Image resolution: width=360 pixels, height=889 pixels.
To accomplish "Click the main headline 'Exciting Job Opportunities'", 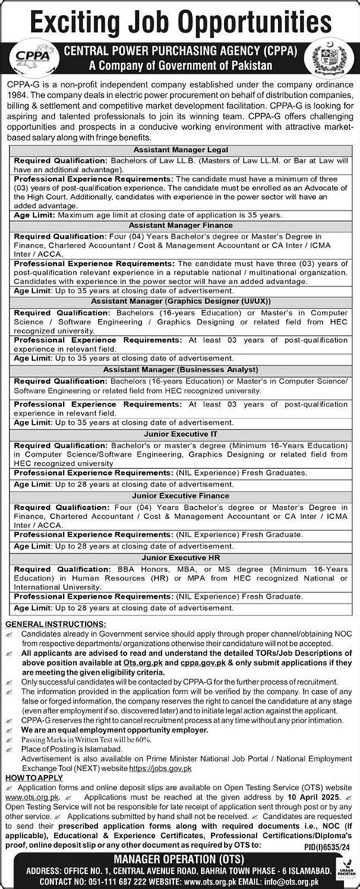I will coord(180,17).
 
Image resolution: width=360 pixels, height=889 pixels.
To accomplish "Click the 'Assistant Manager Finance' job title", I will coord(180,225).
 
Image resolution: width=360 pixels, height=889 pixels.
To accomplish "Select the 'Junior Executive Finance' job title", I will coord(180,495).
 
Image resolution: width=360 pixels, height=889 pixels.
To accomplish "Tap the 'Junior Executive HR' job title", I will coord(180,558).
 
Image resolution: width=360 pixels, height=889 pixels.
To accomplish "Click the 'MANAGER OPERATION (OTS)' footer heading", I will coord(180,861).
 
